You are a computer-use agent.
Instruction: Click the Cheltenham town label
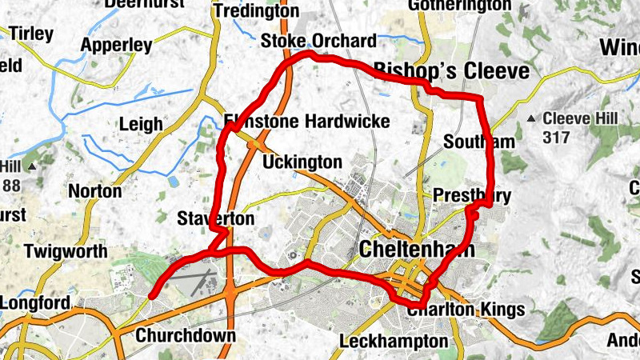[417, 249]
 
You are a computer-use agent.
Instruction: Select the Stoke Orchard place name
[318, 41]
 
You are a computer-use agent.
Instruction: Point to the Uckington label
[302, 162]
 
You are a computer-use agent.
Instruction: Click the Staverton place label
[216, 218]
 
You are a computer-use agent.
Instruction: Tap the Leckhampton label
[394, 342]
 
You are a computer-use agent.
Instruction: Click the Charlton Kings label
[465, 310]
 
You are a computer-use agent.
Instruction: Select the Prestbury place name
[471, 195]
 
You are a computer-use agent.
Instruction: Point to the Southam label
[479, 142]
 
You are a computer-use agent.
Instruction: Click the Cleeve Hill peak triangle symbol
[531, 119]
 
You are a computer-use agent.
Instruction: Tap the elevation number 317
[555, 138]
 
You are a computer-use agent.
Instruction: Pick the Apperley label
[116, 45]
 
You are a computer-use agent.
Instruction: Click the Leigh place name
[140, 124]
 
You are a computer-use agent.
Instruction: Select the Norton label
[95, 191]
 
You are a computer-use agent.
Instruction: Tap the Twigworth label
[66, 251]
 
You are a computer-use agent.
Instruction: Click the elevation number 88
[11, 186]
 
